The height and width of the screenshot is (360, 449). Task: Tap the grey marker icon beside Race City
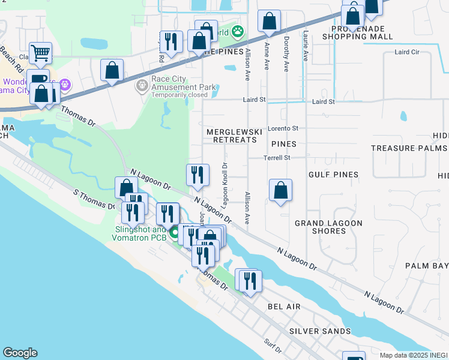pos(142,86)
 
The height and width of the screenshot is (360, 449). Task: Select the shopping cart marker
pos(40,53)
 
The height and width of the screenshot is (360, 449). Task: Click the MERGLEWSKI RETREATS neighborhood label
pos(231,135)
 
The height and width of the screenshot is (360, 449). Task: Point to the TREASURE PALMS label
pos(408,148)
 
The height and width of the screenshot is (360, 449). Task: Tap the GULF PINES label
pos(333,175)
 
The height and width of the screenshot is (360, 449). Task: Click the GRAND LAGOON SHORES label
pos(328,227)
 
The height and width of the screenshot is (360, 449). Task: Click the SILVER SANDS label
pos(320,331)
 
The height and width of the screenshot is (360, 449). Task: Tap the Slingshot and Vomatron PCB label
pos(138,233)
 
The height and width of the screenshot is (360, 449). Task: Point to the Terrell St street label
pos(277,158)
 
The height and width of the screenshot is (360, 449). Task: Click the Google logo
pos(20,353)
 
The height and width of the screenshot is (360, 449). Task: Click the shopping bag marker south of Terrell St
pos(280,191)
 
